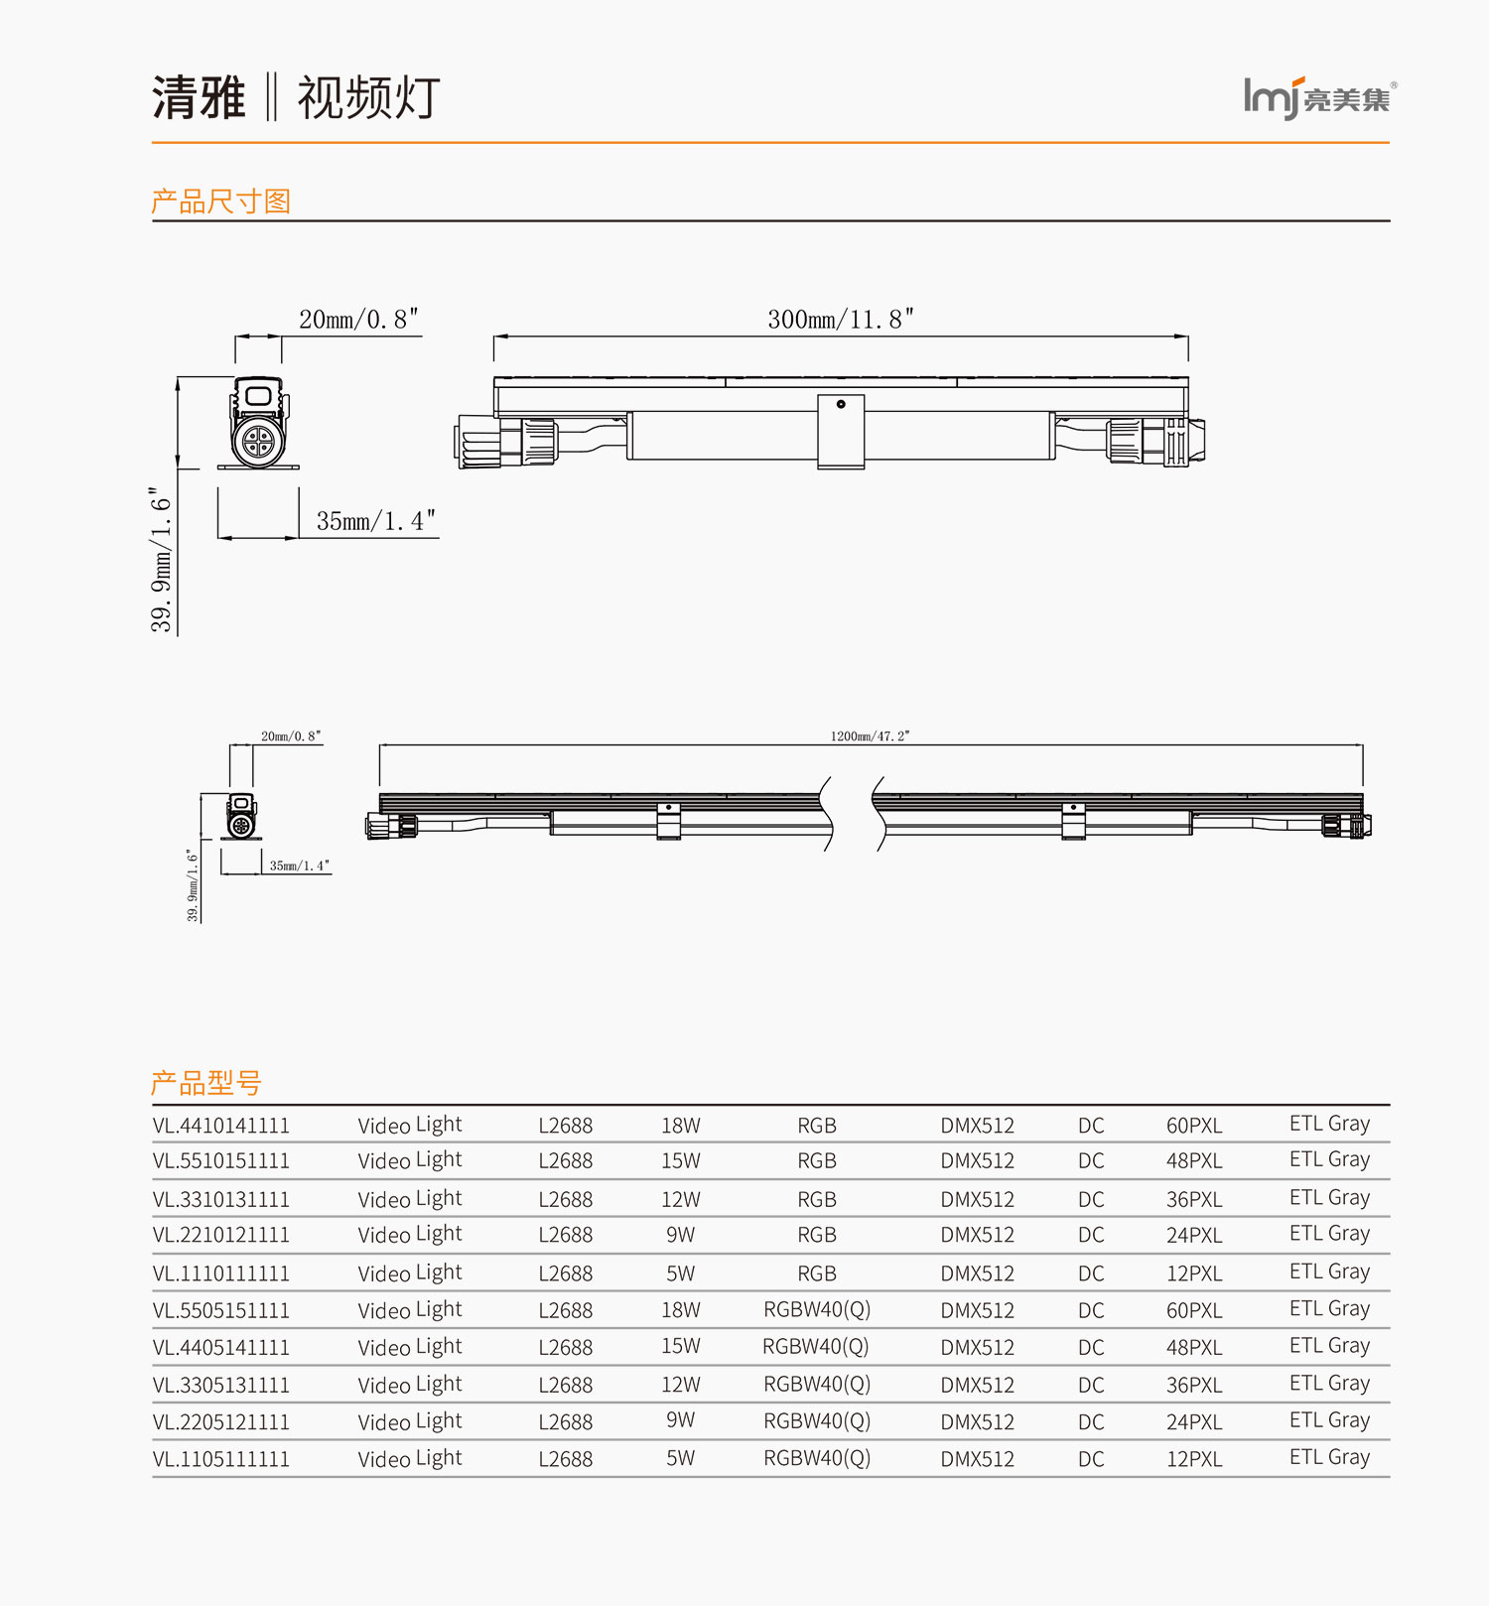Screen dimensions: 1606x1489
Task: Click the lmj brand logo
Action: pos(1318,98)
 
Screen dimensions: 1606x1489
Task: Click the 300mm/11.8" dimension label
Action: pos(840,320)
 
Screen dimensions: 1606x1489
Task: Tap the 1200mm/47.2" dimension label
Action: pos(870,736)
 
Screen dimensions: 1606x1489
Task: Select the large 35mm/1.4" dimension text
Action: pos(375,521)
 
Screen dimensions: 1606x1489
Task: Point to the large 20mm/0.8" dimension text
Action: pos(358,320)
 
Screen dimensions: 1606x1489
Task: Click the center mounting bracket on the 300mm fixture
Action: pos(841,431)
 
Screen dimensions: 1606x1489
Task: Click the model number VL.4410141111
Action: pos(221,1126)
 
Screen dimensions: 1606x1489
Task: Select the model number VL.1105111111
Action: pos(221,1459)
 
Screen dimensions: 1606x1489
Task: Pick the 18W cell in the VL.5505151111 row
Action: pos(681,1310)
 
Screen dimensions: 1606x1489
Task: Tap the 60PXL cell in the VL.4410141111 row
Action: pos(1194,1126)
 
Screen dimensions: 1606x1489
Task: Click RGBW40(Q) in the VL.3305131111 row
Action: pos(817,1384)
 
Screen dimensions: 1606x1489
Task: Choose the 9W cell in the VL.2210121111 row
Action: pos(681,1235)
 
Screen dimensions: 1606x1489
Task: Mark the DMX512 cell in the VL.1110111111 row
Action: pos(978,1273)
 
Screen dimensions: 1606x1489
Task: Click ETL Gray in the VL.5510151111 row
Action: pos(1329,1159)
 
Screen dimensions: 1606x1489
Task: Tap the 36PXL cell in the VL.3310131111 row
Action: pos(1194,1199)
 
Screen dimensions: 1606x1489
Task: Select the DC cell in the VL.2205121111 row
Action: pos(1091,1421)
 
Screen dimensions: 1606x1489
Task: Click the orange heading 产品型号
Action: pos(205,1083)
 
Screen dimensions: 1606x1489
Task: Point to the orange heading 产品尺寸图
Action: pos(220,201)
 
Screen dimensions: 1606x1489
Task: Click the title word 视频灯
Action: pos(368,98)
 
